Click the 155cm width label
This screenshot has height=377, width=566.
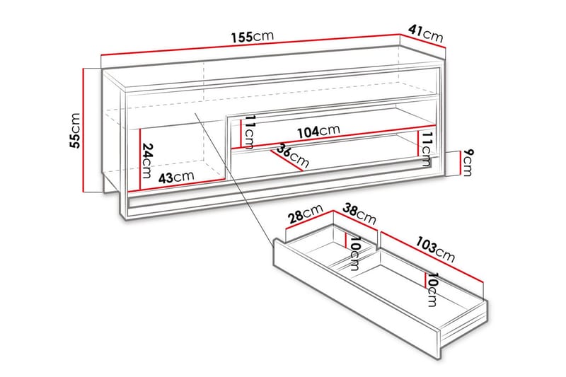pos(252,37)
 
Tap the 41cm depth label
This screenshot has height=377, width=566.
pos(424,33)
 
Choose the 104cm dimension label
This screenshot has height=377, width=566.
pos(318,131)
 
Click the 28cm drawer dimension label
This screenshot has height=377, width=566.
pos(306,212)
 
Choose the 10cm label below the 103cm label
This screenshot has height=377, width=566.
pos(432,289)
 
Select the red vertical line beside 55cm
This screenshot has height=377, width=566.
pos(85,130)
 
